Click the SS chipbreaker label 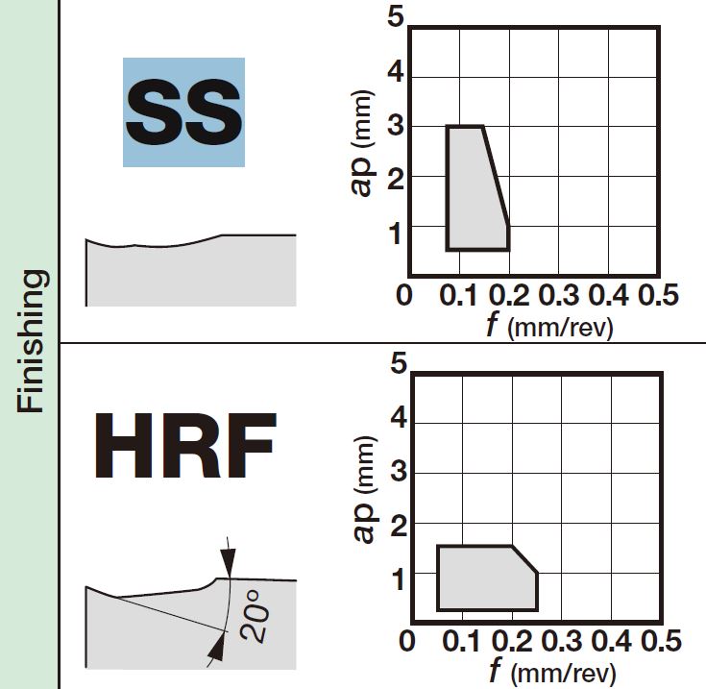point(183,112)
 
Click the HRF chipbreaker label point(184,446)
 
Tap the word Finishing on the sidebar point(31,341)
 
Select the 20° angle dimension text point(255,616)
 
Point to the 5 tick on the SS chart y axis point(396,17)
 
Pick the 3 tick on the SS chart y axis point(396,126)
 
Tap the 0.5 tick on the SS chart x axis point(658,295)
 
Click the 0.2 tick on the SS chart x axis point(509,295)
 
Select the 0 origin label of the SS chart point(403,295)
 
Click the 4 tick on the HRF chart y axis point(399,417)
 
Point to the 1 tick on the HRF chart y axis point(399,579)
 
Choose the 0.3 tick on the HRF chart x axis point(561,641)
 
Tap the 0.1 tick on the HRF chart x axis point(461,641)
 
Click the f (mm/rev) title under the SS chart point(549,326)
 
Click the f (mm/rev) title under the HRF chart point(552,672)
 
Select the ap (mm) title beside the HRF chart point(364,489)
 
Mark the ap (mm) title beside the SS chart point(361,143)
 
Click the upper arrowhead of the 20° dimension point(229,562)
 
